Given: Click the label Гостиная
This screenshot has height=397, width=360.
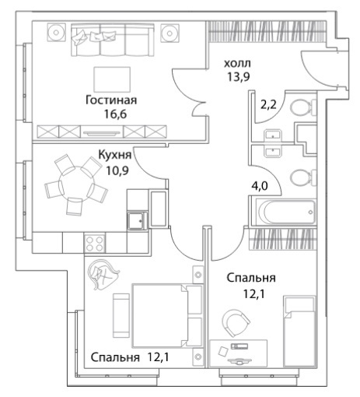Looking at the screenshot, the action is pyautogui.click(x=111, y=100).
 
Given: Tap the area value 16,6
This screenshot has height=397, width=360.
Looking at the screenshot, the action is pyautogui.click(x=115, y=114).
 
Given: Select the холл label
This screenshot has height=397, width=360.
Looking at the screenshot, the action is pyautogui.click(x=237, y=63).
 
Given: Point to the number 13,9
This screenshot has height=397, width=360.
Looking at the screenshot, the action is pyautogui.click(x=239, y=76).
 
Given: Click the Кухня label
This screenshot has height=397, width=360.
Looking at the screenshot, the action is pyautogui.click(x=115, y=155).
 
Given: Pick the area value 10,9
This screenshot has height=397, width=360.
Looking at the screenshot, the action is pyautogui.click(x=117, y=170).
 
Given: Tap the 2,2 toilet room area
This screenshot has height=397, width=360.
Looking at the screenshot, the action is pyautogui.click(x=269, y=105).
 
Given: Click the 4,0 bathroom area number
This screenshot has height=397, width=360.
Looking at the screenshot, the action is pyautogui.click(x=260, y=186).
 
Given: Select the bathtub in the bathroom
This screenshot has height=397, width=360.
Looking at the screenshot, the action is pyautogui.click(x=286, y=212).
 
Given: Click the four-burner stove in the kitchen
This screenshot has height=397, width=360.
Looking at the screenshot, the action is pyautogui.click(x=94, y=243).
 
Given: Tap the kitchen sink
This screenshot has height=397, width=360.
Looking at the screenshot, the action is pyautogui.click(x=138, y=221).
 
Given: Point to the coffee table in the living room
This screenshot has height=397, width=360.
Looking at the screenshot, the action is pyautogui.click(x=112, y=79).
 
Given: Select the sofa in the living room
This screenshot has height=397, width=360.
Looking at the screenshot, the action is pyautogui.click(x=112, y=40).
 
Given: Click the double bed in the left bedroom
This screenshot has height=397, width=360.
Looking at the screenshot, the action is pyautogui.click(x=167, y=315).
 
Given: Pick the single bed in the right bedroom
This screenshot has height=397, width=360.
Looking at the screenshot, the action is pyautogui.click(x=300, y=332).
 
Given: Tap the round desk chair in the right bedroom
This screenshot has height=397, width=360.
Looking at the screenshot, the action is pyautogui.click(x=236, y=323).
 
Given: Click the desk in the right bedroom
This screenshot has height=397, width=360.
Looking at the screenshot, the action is pyautogui.click(x=238, y=353).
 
